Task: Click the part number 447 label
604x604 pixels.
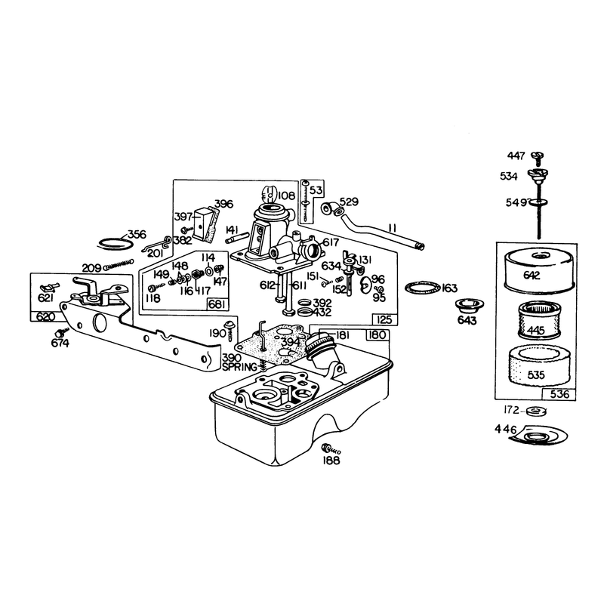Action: pos(516,156)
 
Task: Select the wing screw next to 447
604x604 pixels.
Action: pos(537,156)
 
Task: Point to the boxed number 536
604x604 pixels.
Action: pos(559,394)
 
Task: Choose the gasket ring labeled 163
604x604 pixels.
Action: pos(423,287)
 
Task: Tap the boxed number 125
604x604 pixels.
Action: pos(384,319)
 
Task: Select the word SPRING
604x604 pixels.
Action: pos(239,367)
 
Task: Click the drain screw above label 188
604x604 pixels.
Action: pos(331,448)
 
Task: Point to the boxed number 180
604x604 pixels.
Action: pos(377,335)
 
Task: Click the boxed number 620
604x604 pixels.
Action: pos(46,316)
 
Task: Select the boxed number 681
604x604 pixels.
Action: pos(217,304)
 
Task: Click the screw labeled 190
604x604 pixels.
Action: pos(230,331)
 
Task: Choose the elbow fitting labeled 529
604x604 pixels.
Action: pos(333,209)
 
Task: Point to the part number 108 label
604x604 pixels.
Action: pos(286,196)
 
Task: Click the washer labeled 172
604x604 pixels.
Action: pos(535,411)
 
